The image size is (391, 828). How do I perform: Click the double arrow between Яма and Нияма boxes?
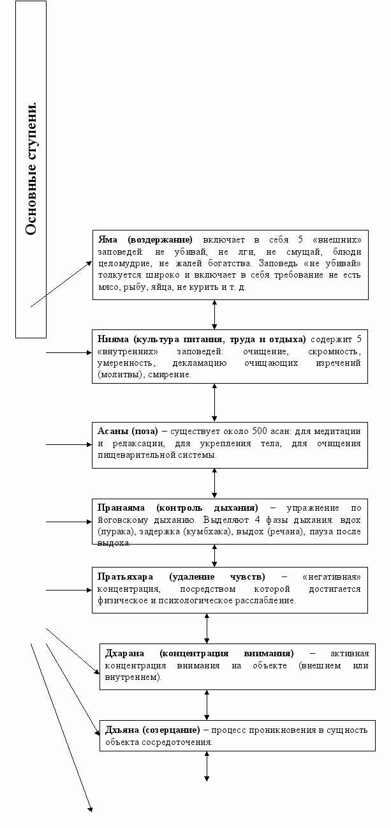pyautogui.click(x=215, y=314)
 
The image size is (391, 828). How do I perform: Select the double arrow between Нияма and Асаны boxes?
pyautogui.click(x=215, y=402)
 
